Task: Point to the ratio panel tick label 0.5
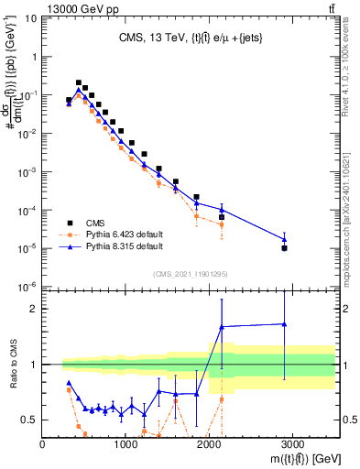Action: pos(27,420)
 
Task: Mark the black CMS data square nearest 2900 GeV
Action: pos(285,248)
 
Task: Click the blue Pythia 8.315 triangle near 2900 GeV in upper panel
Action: pos(285,240)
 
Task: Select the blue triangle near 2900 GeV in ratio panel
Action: pos(285,323)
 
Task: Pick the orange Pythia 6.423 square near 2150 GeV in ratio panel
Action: pos(222,399)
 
